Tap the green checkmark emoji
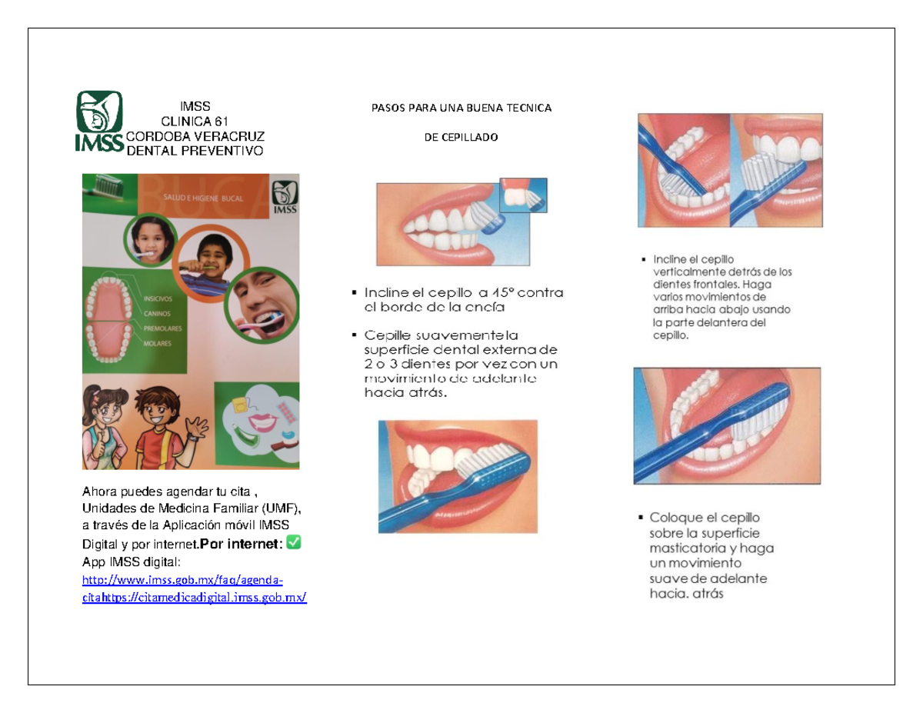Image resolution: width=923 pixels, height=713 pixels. pyautogui.click(x=293, y=544)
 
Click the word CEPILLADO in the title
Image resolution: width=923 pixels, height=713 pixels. pyautogui.click(x=461, y=138)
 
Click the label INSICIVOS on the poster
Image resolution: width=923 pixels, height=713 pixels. pyautogui.click(x=158, y=298)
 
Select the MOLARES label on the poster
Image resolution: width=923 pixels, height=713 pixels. pyautogui.click(x=157, y=344)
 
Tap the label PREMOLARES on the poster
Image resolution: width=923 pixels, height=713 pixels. pyautogui.click(x=162, y=328)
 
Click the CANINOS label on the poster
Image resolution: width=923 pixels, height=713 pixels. pyautogui.click(x=156, y=314)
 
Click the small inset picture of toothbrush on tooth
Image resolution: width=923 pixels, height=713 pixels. pyautogui.click(x=523, y=195)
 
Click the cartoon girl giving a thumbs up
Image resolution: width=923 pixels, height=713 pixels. pyautogui.click(x=106, y=427)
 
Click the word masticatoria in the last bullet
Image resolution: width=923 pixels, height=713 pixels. pyautogui.click(x=685, y=548)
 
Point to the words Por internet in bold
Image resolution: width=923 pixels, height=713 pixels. pyautogui.click(x=241, y=545)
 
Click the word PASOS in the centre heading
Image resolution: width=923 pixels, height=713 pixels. pyautogui.click(x=386, y=108)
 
